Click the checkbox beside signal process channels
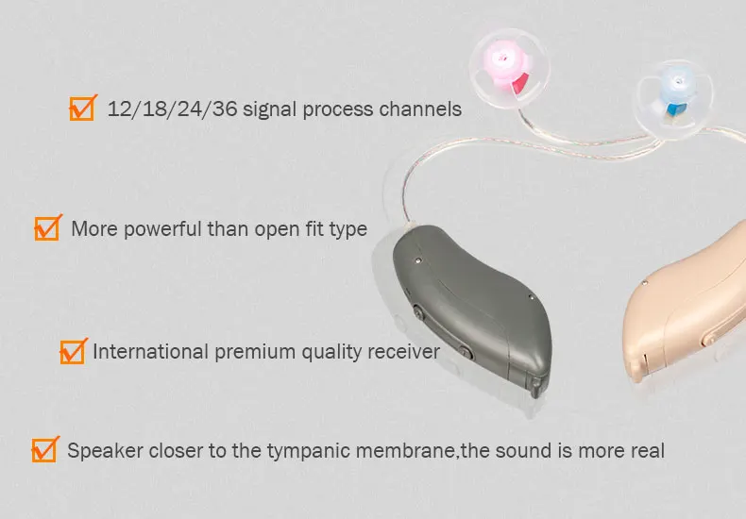tap(82, 109)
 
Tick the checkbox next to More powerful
tap(46, 228)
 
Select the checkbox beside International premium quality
tap(72, 352)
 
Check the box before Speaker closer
tap(43, 450)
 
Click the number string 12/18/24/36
tap(173, 109)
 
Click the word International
tap(150, 352)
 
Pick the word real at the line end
tap(647, 451)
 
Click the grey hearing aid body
tap(477, 302)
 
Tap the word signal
tap(271, 109)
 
